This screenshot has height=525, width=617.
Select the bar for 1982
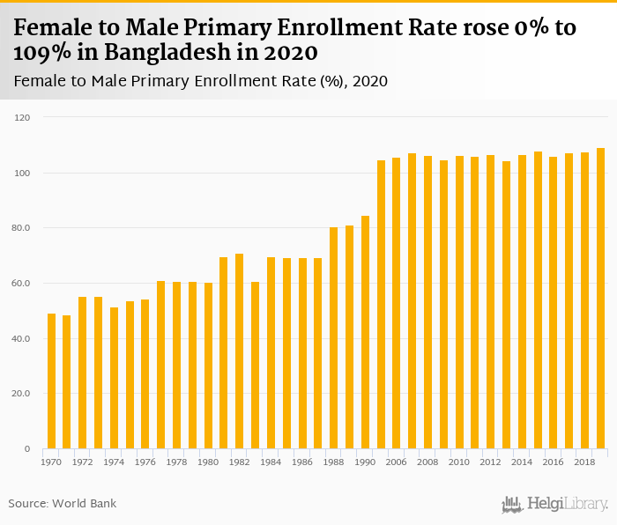[239, 351]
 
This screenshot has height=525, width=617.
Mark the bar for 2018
[584, 300]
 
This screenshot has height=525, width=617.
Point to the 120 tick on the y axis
[23, 117]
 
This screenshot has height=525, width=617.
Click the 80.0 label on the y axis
[21, 228]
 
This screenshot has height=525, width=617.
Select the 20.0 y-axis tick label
[21, 394]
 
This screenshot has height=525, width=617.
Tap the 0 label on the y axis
[26, 449]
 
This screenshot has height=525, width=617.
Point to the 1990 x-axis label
[365, 462]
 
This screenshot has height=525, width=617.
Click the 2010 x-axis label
[459, 462]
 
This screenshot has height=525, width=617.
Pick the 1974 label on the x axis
[114, 462]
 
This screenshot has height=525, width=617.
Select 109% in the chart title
[41, 51]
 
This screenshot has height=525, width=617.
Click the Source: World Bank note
[63, 504]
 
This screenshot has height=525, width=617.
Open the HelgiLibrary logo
[554, 504]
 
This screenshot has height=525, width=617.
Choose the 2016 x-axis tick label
[554, 462]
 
